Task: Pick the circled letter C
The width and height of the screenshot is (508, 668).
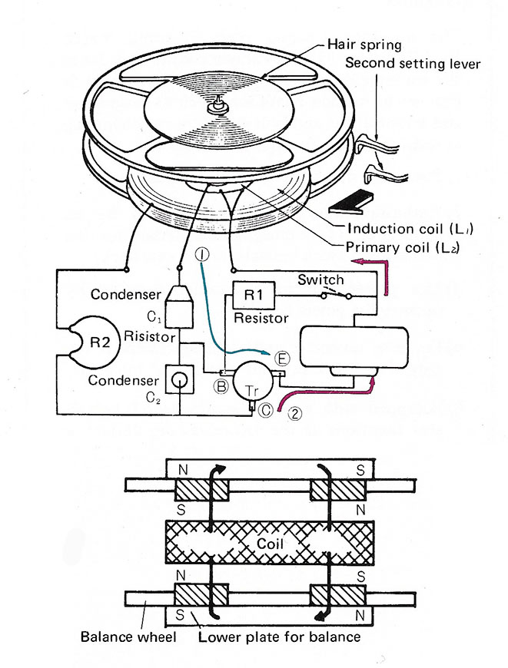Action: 266,410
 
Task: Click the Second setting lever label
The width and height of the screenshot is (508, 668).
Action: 413,63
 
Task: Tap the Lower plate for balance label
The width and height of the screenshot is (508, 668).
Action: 280,637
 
